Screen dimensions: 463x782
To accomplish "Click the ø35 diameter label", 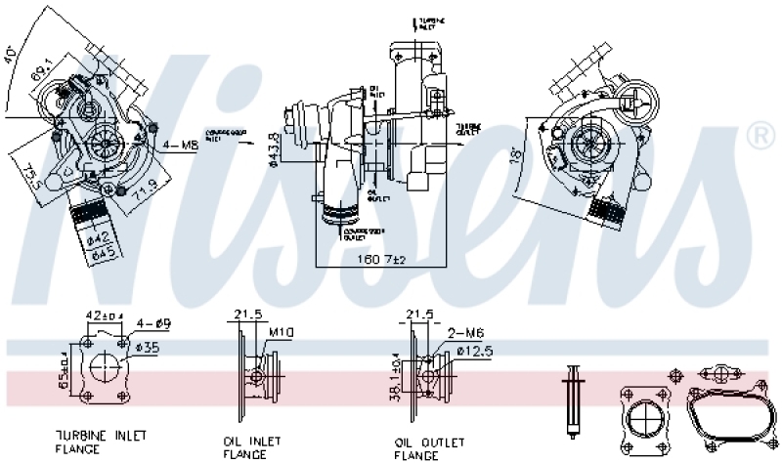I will [x=147, y=347].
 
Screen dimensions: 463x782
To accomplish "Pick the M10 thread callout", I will [x=282, y=333].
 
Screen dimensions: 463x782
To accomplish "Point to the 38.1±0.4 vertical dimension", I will [x=397, y=377].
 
